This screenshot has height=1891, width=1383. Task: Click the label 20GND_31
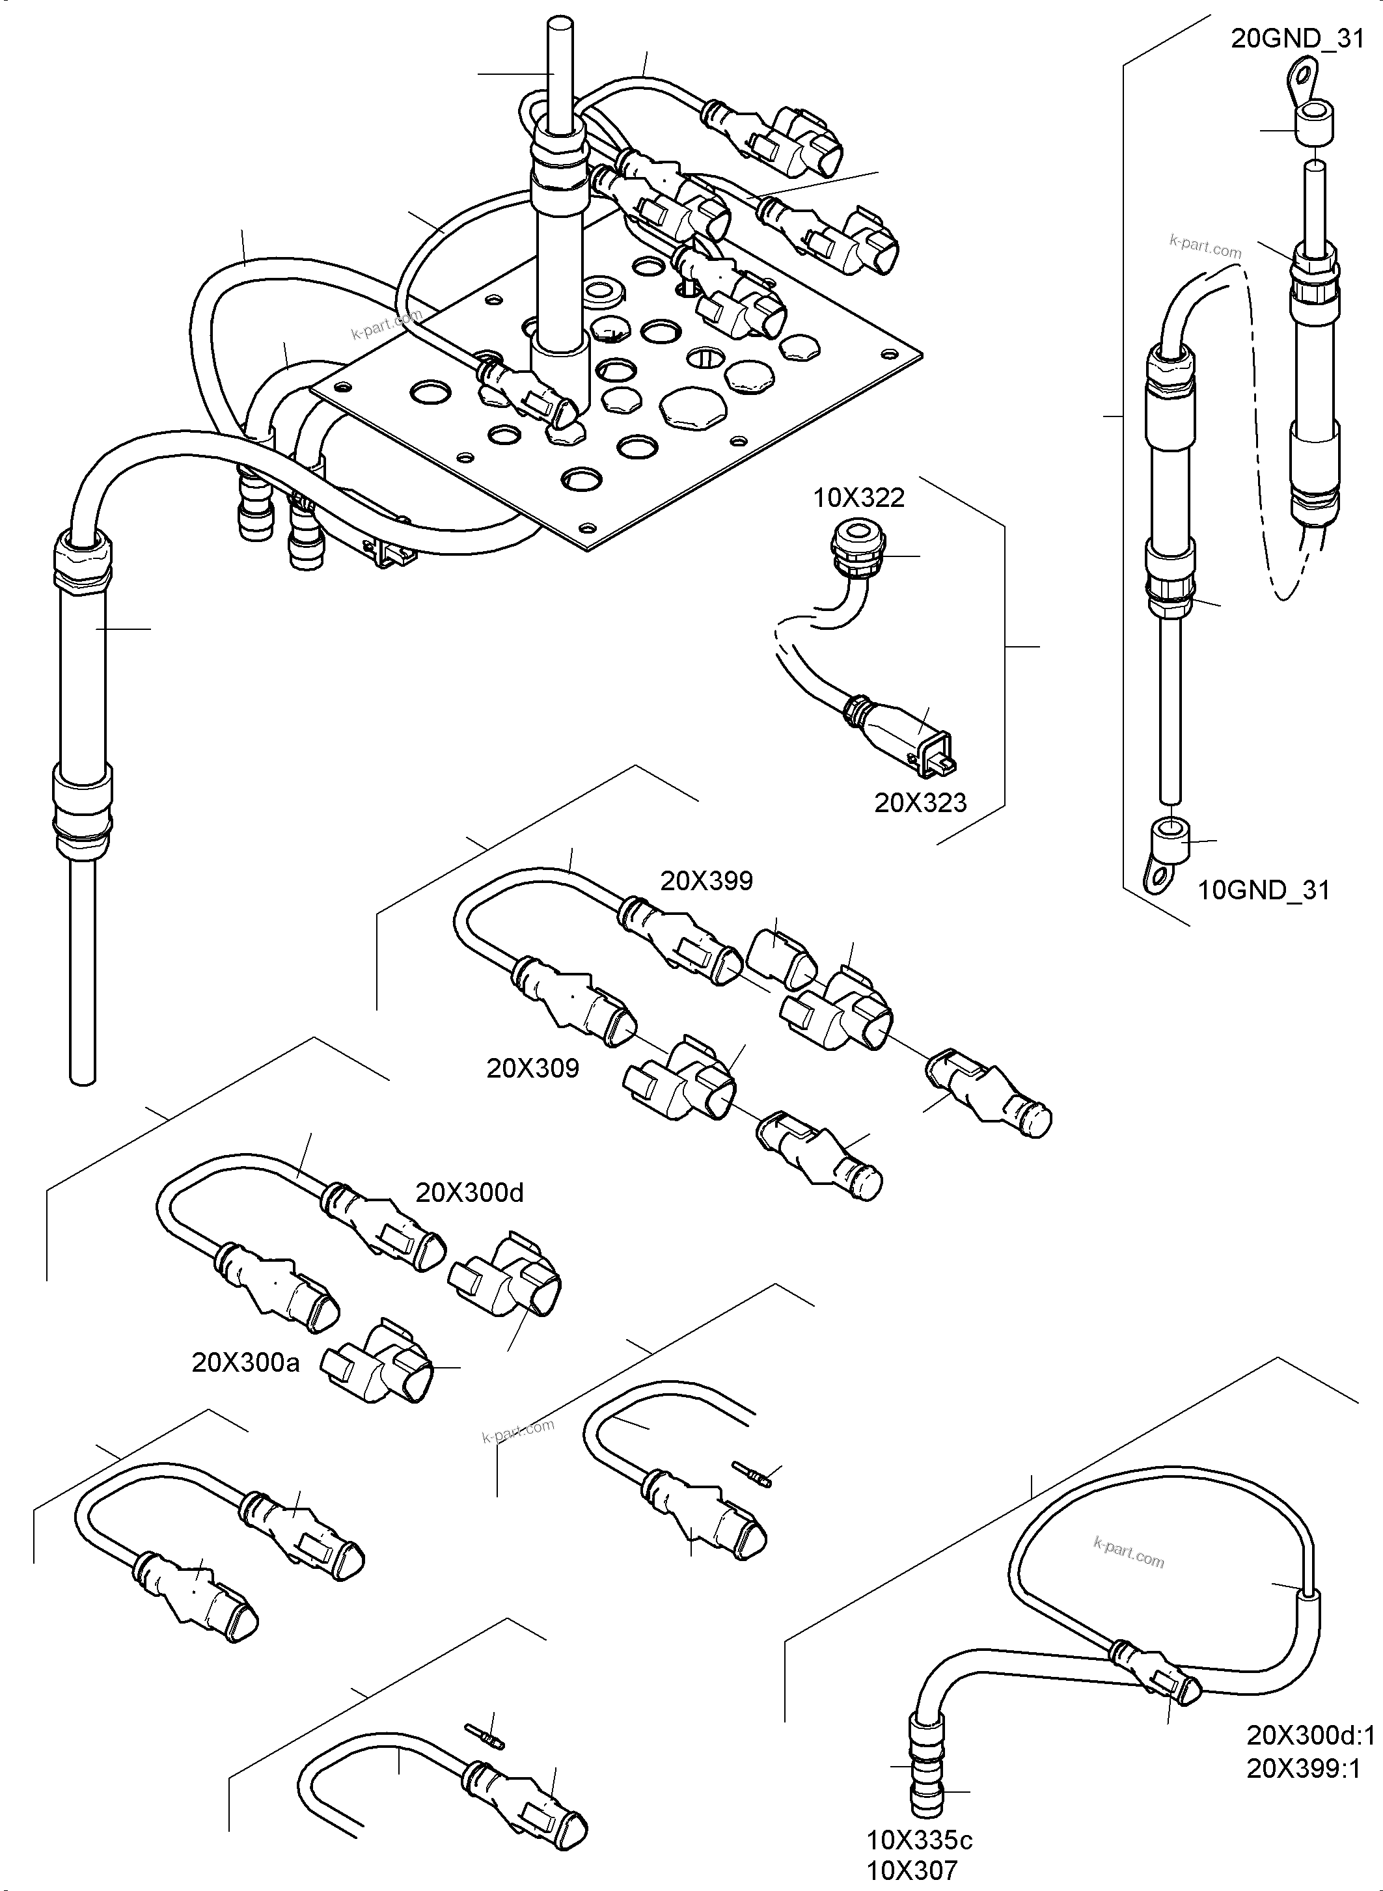click(1297, 39)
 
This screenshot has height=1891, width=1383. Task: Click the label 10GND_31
click(1263, 890)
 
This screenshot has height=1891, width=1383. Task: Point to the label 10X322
click(859, 498)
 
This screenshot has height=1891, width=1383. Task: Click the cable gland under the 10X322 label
click(851, 549)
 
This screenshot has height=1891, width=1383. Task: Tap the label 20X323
click(920, 803)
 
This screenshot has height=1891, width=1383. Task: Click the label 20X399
click(707, 880)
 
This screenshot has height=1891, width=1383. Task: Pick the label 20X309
click(532, 1068)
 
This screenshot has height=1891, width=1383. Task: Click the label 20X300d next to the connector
click(470, 1193)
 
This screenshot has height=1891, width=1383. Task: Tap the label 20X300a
click(245, 1363)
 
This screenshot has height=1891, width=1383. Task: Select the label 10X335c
click(919, 1841)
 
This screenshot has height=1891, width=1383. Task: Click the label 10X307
click(912, 1870)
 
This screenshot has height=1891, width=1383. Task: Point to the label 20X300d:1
click(1311, 1733)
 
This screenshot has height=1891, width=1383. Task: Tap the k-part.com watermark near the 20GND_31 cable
click(1205, 247)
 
